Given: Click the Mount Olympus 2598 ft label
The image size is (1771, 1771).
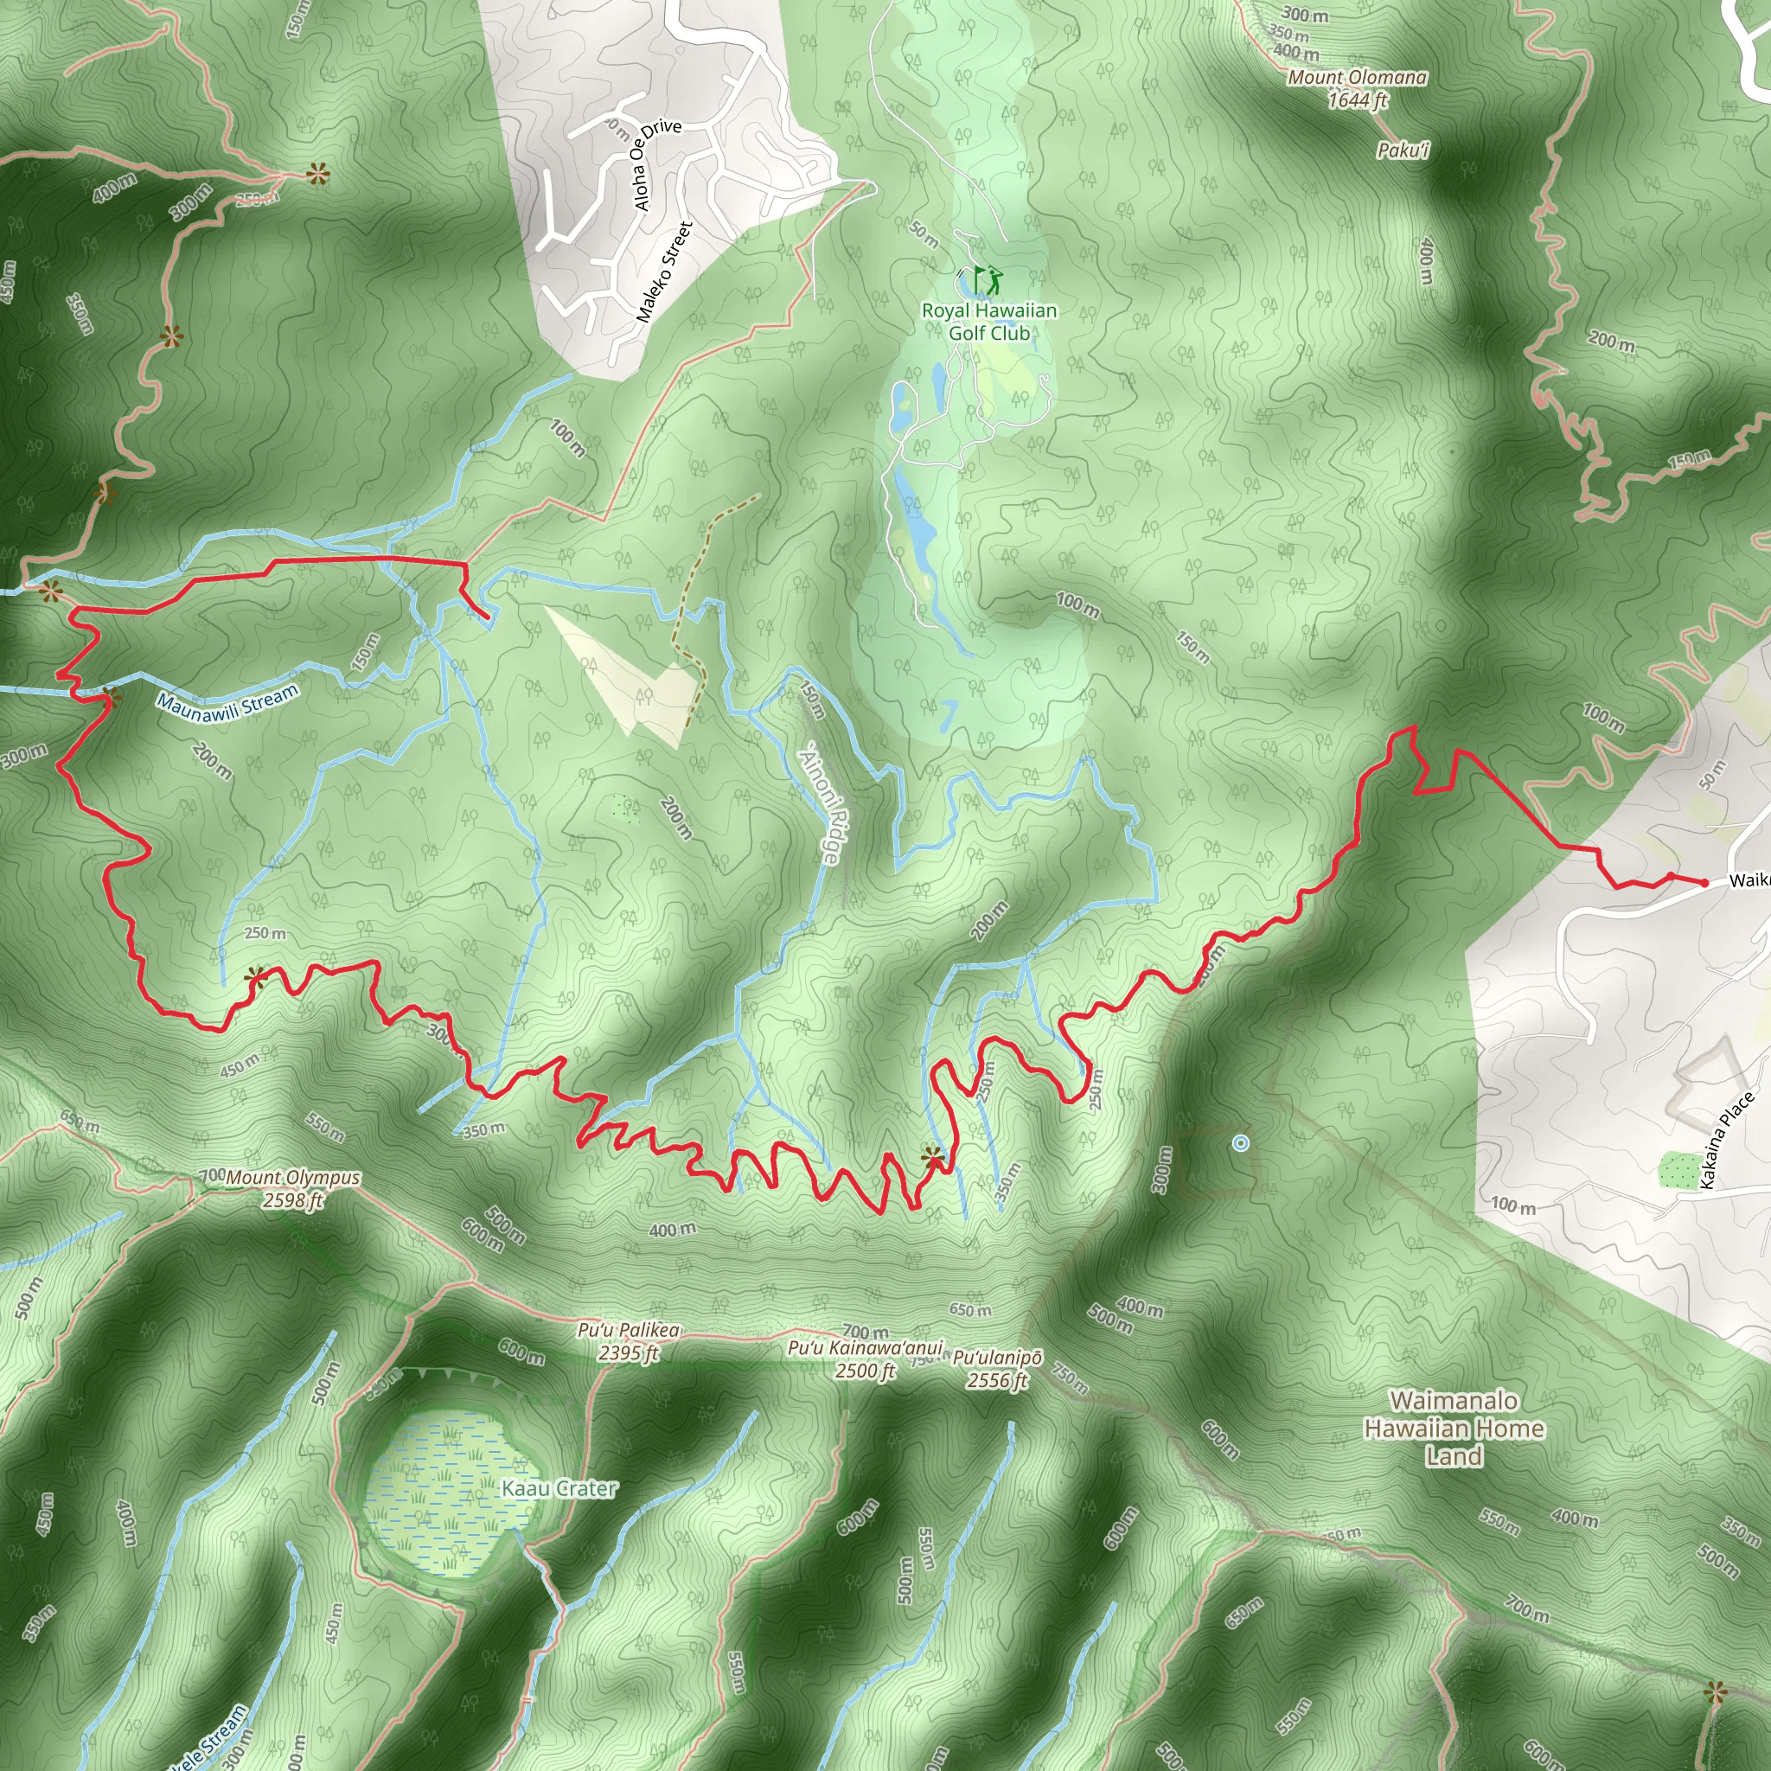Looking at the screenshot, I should (292, 1189).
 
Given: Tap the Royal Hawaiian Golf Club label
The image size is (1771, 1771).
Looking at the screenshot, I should (989, 322).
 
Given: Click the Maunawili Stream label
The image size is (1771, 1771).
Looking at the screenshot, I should (227, 703).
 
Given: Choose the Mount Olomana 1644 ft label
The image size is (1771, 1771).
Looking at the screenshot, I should (1358, 89).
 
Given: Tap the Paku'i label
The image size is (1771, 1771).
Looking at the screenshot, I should (1403, 150).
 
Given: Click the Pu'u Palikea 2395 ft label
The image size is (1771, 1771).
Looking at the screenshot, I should (629, 1341).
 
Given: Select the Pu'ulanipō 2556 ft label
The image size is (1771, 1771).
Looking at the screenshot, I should (997, 1369).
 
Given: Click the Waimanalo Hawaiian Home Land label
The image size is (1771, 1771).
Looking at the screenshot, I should (1454, 1429).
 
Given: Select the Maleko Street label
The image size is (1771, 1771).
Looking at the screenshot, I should (665, 272).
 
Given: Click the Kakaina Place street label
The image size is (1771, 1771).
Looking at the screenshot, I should (1727, 1141).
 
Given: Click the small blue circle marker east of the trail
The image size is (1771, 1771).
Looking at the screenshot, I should (1240, 1143).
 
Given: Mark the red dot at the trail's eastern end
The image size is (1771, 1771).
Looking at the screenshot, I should (1704, 883).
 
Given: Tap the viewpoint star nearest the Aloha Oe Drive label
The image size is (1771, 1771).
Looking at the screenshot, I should (317, 173).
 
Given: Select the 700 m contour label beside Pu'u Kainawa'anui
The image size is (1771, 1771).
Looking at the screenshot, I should (866, 1331).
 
